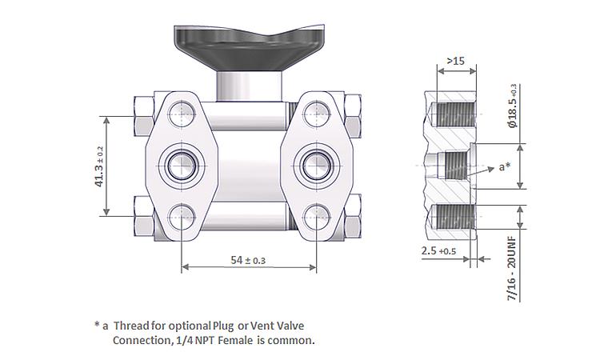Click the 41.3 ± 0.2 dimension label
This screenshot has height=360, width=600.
[x=99, y=166]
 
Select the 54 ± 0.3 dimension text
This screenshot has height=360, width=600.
[x=248, y=261]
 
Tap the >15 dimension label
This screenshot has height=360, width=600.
[x=456, y=61]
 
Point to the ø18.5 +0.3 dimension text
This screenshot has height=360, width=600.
[x=512, y=106]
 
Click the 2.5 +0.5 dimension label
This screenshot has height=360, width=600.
[x=438, y=251]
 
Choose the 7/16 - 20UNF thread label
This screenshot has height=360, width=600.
[x=512, y=269]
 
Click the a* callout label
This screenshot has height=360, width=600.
[x=505, y=167]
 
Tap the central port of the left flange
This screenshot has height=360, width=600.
[x=182, y=166]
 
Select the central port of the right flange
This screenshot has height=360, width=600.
[x=317, y=166]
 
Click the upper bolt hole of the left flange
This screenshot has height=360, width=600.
[x=182, y=114]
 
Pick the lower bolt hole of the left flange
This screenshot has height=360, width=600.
[x=182, y=217]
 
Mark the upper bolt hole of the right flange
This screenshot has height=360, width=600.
[x=317, y=114]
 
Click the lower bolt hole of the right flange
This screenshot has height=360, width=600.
[x=317, y=217]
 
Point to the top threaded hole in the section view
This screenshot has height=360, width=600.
[x=453, y=114]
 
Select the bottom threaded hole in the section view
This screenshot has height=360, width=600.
[x=453, y=217]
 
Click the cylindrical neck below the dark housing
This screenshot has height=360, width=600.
[x=249, y=86]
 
